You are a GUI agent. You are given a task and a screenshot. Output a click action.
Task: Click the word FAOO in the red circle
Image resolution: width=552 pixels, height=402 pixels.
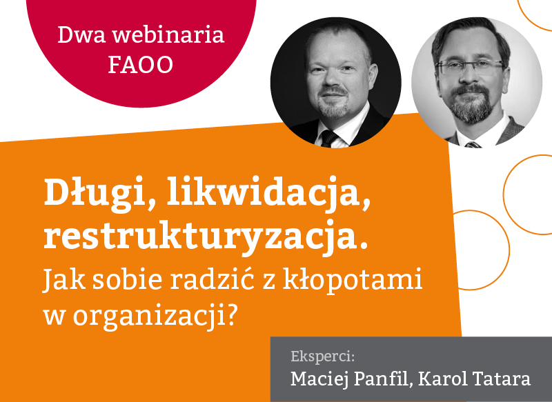click(141, 64)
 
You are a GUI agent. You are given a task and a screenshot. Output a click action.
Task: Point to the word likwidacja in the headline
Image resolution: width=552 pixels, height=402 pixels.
click(269, 194)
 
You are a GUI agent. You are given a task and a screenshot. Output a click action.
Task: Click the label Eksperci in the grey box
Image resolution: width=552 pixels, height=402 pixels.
click(322, 357)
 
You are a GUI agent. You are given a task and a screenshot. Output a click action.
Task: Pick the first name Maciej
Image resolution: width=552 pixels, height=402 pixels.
click(319, 379)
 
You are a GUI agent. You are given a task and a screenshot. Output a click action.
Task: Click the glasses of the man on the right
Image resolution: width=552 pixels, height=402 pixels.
click(470, 67)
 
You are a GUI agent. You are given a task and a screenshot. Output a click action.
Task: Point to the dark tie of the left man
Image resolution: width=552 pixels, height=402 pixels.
click(329, 138)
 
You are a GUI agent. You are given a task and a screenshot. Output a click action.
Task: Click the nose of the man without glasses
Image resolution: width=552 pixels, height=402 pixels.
click(332, 79)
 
